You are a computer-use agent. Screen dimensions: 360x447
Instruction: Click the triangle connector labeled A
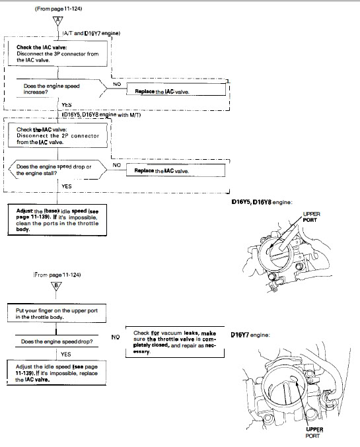coord(58,21)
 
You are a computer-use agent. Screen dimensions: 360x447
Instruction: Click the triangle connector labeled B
coord(57,286)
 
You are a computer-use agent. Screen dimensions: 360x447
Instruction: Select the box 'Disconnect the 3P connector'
coord(57,53)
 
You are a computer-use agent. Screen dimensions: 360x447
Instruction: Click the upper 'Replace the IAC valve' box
coord(176,89)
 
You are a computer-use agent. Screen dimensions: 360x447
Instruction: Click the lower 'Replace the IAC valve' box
coord(176,170)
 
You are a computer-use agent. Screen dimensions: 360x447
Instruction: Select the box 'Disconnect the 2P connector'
coord(57,135)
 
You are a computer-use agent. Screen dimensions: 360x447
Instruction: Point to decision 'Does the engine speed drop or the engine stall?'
coord(58,170)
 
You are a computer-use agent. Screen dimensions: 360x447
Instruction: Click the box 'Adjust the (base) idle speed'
coord(57,220)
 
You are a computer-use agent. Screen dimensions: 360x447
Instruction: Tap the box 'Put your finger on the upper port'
coord(57,314)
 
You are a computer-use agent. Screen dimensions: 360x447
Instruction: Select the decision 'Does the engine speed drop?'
coord(57,341)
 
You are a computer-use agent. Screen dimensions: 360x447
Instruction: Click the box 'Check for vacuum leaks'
coord(175,342)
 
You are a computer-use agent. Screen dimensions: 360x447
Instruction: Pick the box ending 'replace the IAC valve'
coord(57,372)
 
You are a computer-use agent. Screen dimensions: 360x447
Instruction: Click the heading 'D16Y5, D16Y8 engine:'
coord(262,202)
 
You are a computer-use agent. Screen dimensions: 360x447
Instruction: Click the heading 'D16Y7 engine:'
coord(250,335)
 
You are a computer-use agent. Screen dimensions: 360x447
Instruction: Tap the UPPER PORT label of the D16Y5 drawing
coord(311,217)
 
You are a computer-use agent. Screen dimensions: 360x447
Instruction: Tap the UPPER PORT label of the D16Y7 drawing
coord(314,432)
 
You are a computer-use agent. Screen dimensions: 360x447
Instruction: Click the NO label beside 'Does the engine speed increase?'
coord(117,85)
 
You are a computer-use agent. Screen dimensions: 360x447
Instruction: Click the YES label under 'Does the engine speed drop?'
coord(65,355)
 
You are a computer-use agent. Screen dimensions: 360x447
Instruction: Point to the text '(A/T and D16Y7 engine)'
coord(91,34)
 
